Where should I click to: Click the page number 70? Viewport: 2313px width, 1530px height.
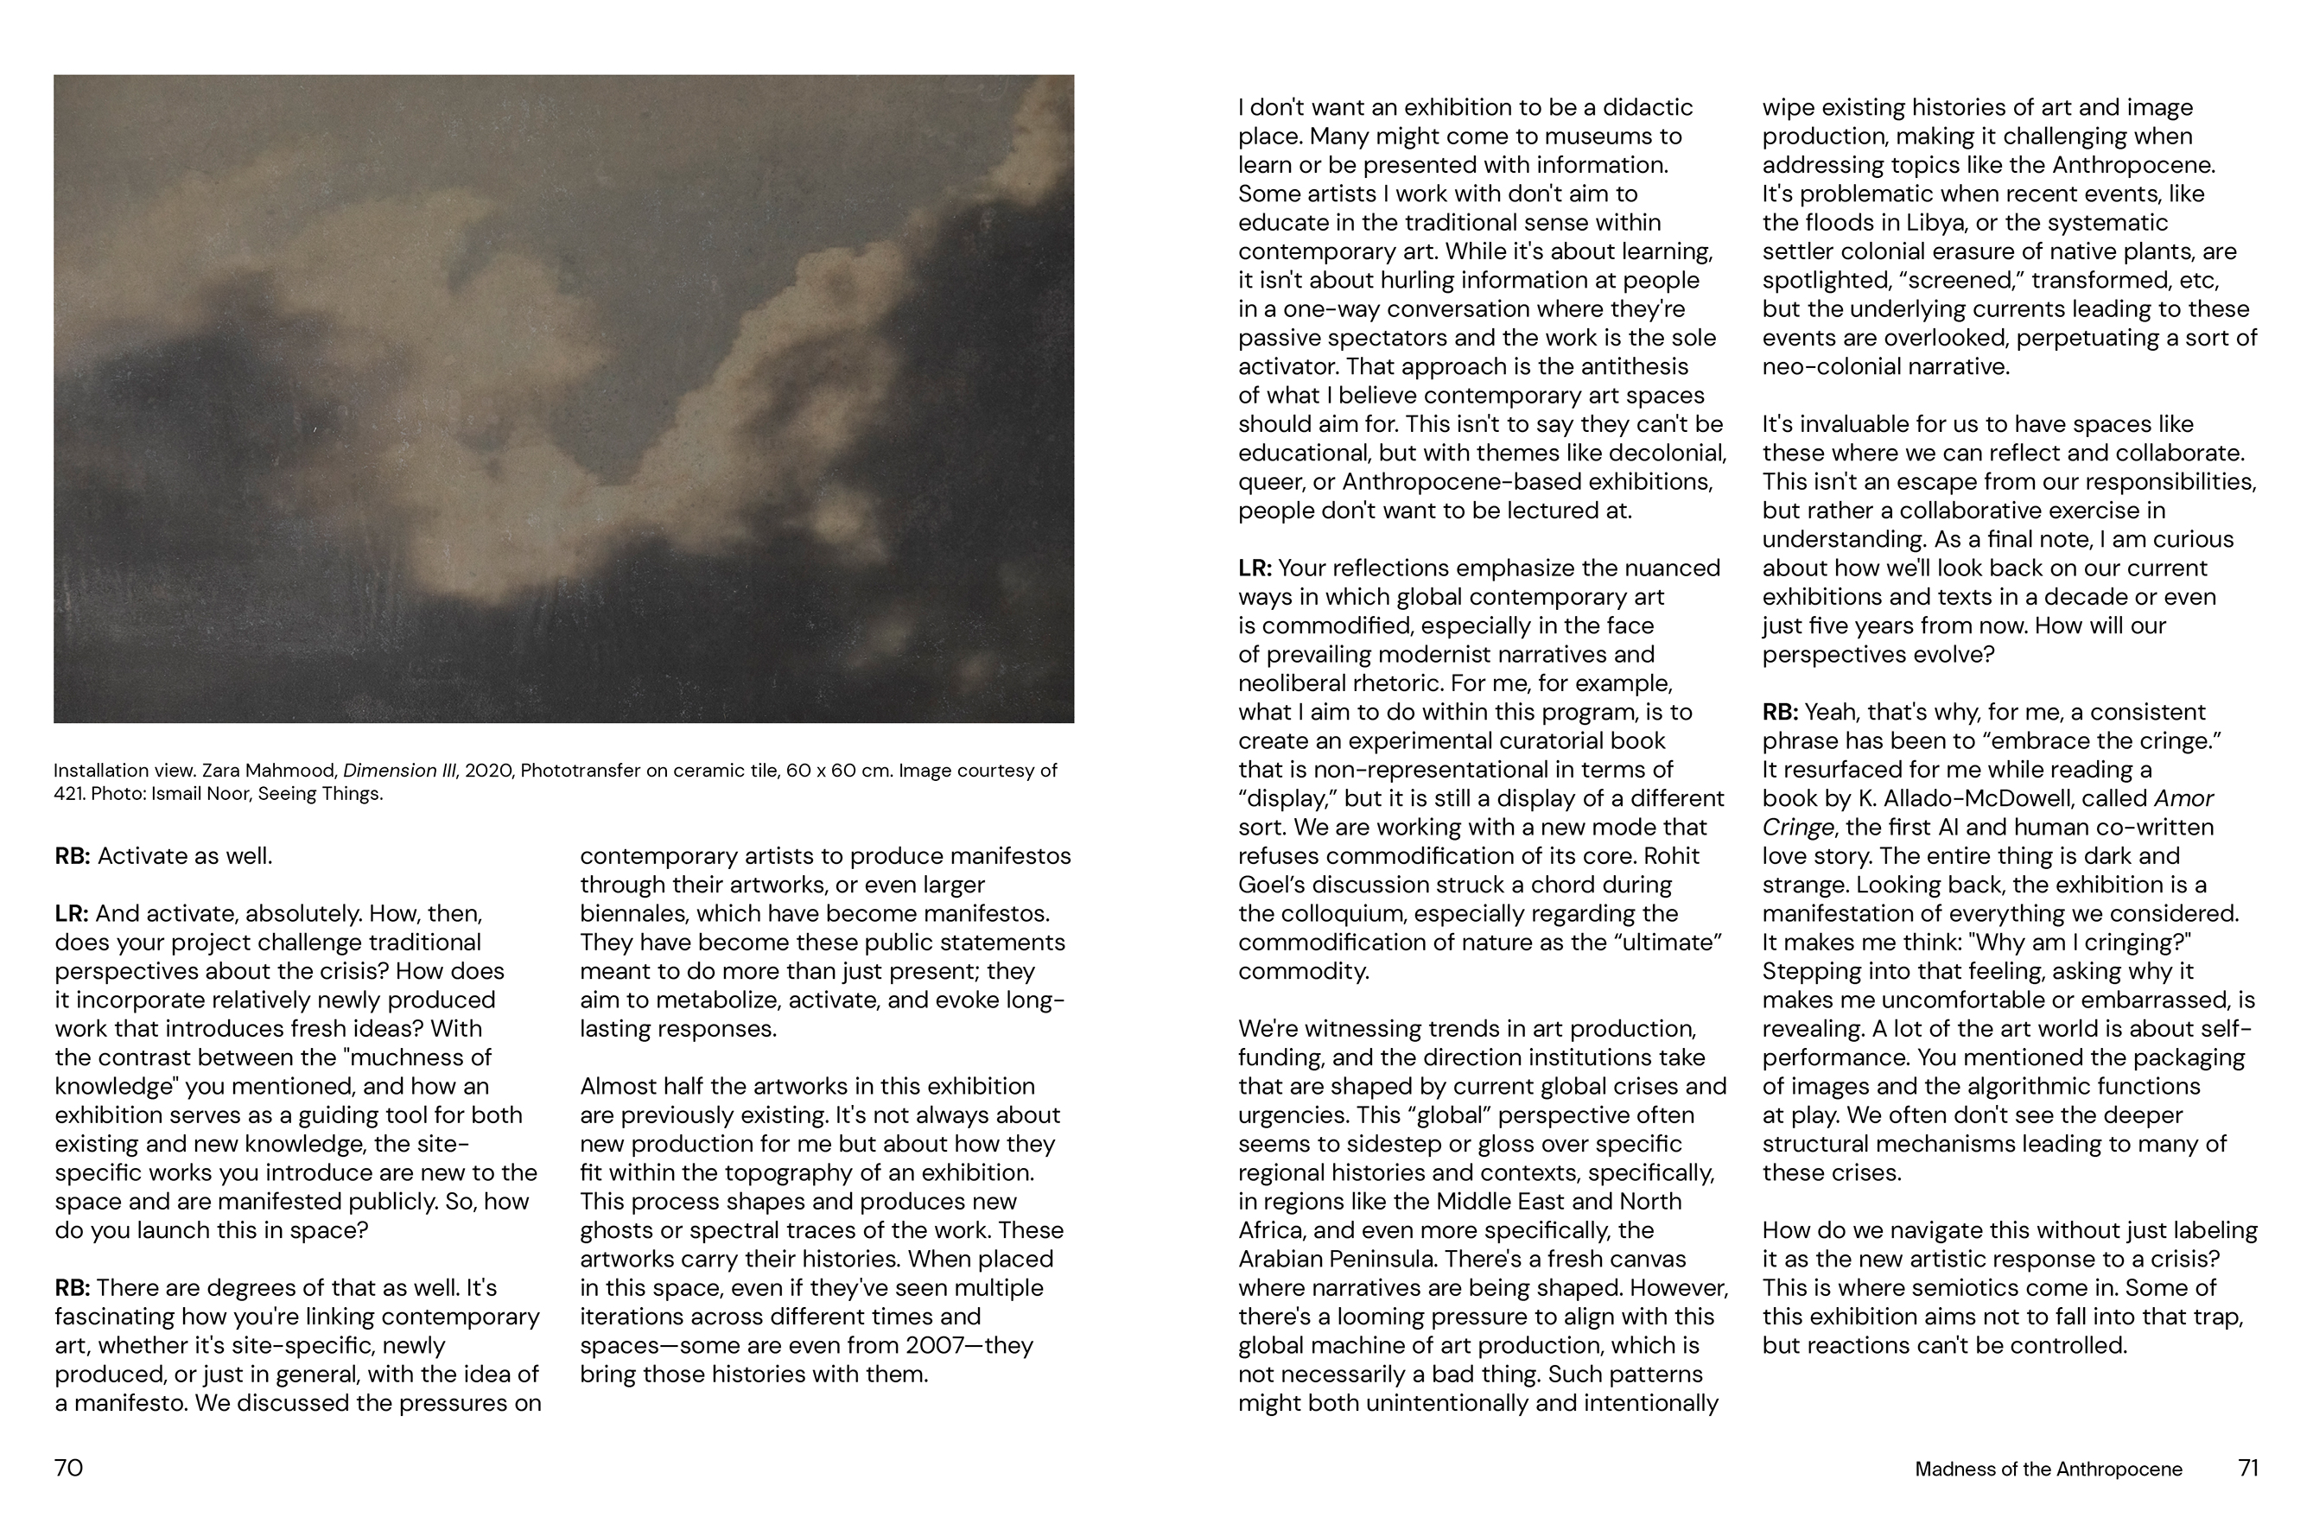click(x=68, y=1468)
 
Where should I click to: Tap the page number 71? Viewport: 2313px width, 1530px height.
click(x=2248, y=1468)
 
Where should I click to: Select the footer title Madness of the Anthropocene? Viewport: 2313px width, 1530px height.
click(x=2048, y=1470)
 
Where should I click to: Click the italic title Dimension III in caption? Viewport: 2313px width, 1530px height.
click(x=399, y=771)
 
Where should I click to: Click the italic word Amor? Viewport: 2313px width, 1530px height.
click(x=2183, y=798)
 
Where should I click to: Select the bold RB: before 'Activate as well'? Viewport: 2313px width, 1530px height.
click(x=73, y=857)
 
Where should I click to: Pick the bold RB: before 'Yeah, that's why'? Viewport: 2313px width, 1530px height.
click(x=1780, y=713)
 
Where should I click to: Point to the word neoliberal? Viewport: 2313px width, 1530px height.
click(x=1290, y=683)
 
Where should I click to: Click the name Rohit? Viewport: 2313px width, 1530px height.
click(x=1672, y=857)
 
